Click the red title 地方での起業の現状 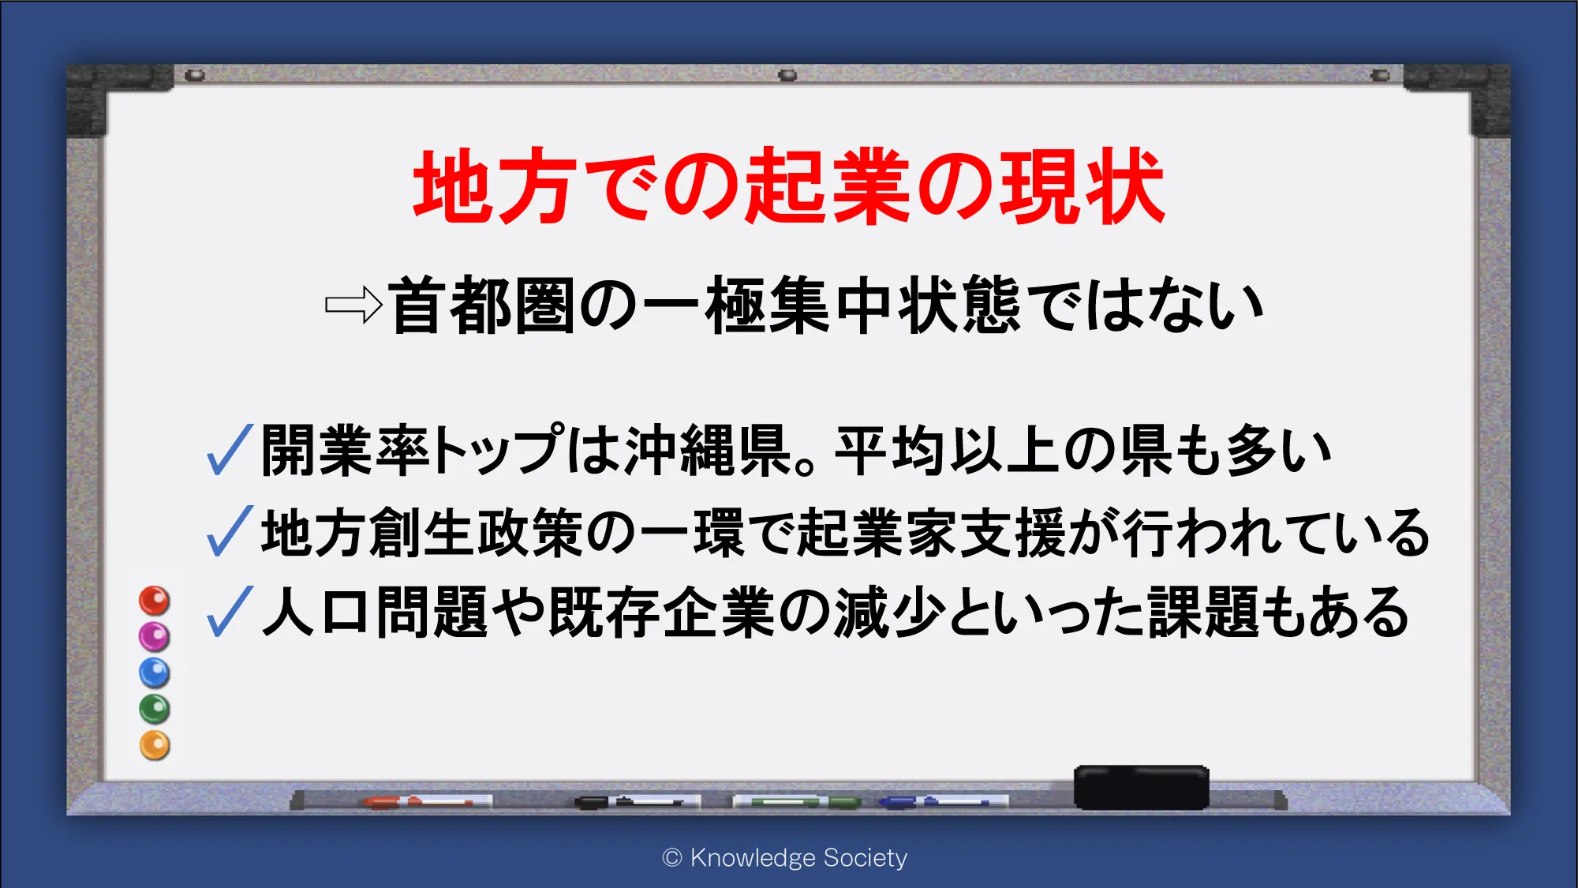[789, 186]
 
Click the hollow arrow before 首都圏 [354, 305]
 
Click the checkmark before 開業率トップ [229, 449]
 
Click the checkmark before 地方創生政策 [229, 530]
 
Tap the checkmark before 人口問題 [229, 611]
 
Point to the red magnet [155, 601]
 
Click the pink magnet [155, 636]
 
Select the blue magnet [155, 673]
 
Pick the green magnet [155, 709]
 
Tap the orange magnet [155, 745]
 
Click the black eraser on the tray [1141, 787]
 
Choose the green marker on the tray [797, 802]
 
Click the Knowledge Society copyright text [785, 857]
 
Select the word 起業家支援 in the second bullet [932, 532]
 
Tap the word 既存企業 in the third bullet [661, 612]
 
